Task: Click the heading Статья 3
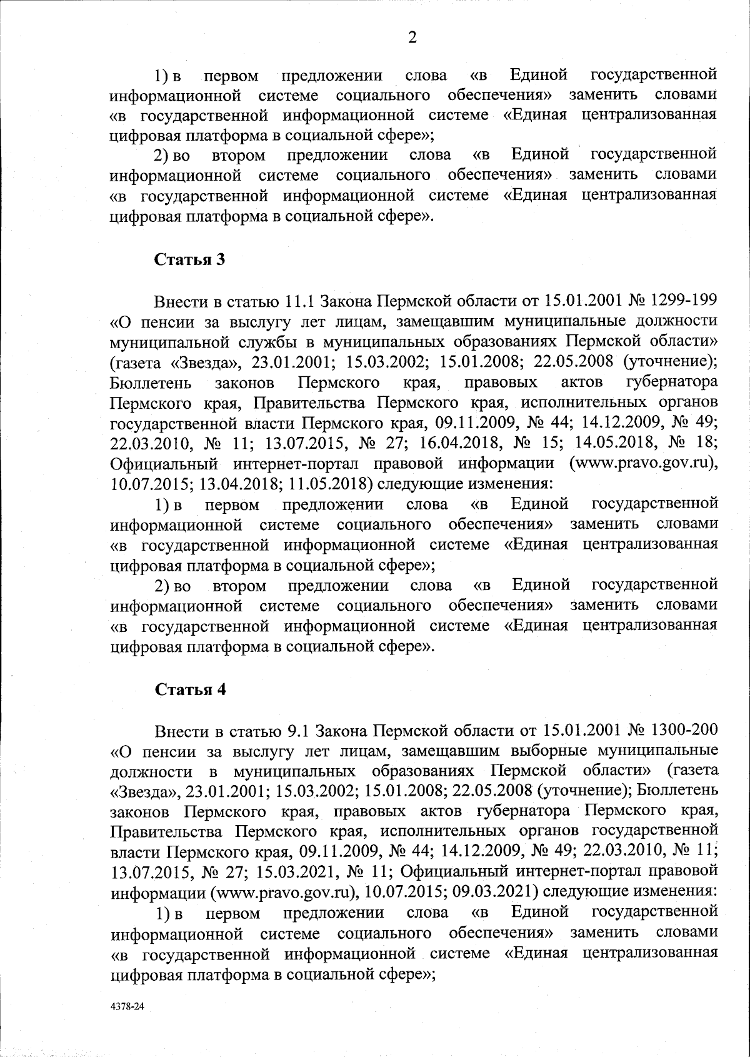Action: click(189, 259)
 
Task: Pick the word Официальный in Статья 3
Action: click(163, 463)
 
